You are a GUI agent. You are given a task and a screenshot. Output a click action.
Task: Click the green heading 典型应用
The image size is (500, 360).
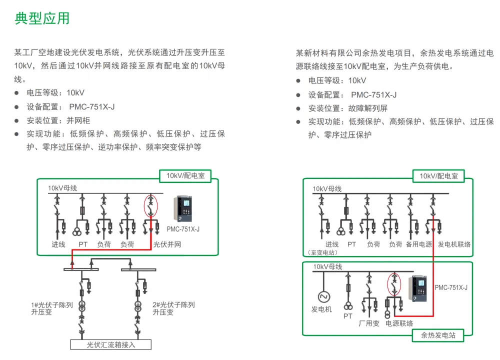(x=42, y=18)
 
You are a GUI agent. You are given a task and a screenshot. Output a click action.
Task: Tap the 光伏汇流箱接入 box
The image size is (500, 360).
(x=110, y=344)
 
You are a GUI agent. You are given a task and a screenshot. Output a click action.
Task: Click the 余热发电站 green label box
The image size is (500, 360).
(x=438, y=335)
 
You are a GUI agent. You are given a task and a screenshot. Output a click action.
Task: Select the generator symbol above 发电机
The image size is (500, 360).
(x=323, y=297)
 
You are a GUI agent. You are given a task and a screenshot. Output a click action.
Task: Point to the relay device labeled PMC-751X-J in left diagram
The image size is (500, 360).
(x=183, y=208)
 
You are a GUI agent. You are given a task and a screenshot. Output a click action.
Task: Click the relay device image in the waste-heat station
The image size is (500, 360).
(x=417, y=289)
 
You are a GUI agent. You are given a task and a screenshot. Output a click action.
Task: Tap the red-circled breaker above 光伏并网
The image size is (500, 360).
(x=151, y=206)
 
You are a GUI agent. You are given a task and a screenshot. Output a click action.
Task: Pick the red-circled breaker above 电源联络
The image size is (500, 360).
(x=394, y=284)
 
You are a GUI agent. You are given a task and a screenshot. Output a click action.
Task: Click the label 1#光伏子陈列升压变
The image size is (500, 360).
(x=52, y=308)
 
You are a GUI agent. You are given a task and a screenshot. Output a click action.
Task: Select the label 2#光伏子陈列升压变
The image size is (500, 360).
(x=173, y=308)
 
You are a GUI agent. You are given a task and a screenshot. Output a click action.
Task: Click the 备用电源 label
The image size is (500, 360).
(x=418, y=244)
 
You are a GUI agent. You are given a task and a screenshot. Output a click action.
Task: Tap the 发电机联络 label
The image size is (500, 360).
(x=454, y=244)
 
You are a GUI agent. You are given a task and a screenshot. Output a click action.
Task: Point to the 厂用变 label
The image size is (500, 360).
(x=369, y=323)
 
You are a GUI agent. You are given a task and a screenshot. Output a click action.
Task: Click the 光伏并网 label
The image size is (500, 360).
(x=167, y=244)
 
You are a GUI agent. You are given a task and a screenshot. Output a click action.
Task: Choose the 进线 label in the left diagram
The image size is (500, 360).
(x=58, y=244)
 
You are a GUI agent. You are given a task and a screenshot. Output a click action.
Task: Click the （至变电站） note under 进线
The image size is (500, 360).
(x=322, y=252)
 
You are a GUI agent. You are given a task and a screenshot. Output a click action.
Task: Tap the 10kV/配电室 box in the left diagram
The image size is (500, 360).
(x=185, y=175)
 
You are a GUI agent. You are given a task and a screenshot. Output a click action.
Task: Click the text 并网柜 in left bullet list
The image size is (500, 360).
(x=78, y=120)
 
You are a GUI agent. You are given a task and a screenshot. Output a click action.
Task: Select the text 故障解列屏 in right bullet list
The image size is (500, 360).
(x=367, y=108)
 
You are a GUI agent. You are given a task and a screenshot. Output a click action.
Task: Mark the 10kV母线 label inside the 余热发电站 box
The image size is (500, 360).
(x=327, y=266)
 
